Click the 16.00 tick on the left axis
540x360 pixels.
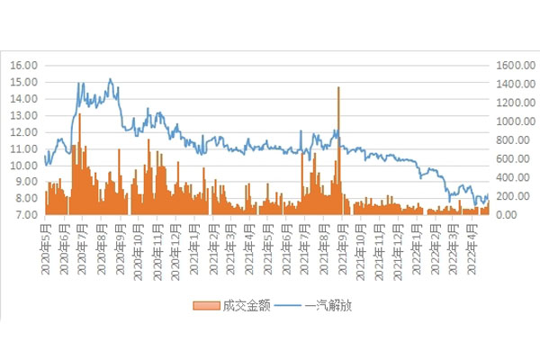(24, 65)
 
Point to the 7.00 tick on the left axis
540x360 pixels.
(24, 216)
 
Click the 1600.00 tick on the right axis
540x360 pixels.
(510, 65)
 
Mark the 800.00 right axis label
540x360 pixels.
(508, 140)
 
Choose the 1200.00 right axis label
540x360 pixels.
(510, 103)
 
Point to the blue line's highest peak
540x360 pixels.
(110, 78)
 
